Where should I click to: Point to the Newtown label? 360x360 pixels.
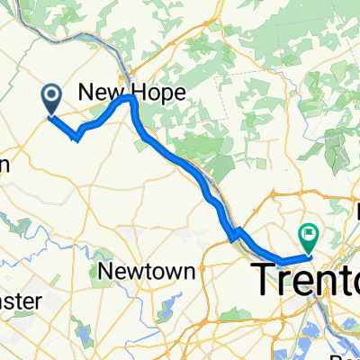133,272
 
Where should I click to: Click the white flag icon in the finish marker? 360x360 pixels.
309,233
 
